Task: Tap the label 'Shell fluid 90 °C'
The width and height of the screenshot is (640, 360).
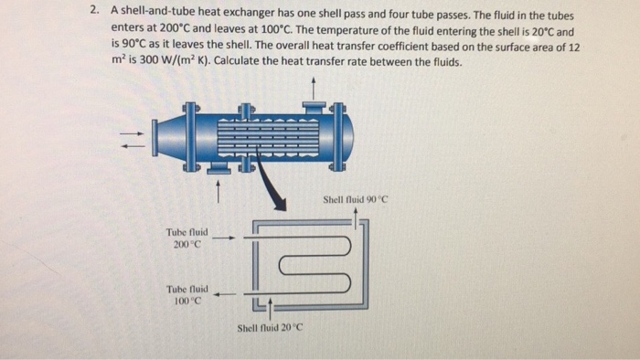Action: (356, 198)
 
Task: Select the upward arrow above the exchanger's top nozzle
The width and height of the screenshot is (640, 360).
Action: (314, 88)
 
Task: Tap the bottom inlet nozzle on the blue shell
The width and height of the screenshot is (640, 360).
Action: (218, 167)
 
